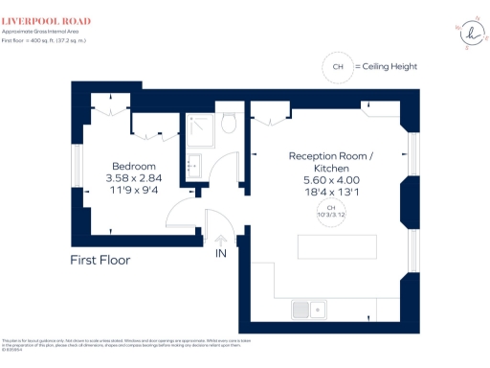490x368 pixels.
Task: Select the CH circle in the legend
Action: point(336,67)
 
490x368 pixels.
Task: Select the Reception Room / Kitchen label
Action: point(330,162)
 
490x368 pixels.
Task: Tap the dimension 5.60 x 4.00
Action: point(330,179)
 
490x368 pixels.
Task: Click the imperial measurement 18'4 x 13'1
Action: point(330,191)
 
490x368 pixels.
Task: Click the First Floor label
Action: point(100,260)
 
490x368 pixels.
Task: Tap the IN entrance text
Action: point(220,254)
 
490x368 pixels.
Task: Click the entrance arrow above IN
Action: point(220,241)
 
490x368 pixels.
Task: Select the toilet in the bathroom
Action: point(228,124)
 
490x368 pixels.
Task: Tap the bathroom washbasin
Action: point(191,164)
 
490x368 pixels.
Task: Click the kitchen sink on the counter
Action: point(308,309)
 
